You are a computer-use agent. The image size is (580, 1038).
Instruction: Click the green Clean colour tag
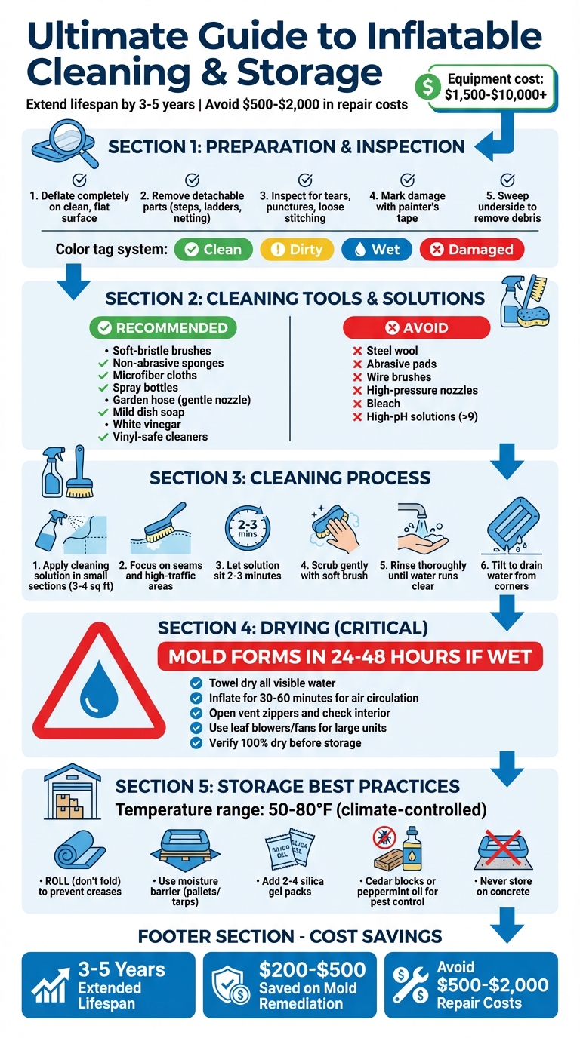[x=214, y=250]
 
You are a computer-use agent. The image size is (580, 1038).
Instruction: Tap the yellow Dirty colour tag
[x=296, y=250]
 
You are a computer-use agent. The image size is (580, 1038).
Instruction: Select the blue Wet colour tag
[x=377, y=250]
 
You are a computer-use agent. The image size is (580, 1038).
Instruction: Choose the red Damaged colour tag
[x=471, y=250]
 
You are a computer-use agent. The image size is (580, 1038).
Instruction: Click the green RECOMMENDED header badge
[x=162, y=327]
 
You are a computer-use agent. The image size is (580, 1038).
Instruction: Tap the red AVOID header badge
[x=416, y=327]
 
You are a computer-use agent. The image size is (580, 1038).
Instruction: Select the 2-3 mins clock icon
[x=247, y=527]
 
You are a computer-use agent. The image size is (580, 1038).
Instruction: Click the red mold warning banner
[x=349, y=656]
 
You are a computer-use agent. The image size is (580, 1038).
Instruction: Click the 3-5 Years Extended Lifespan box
[x=109, y=985]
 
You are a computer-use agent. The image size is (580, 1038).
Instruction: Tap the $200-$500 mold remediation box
[x=289, y=985]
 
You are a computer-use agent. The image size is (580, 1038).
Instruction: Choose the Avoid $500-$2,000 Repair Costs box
[x=471, y=985]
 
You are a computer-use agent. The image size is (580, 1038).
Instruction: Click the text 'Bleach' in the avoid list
[x=383, y=404]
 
